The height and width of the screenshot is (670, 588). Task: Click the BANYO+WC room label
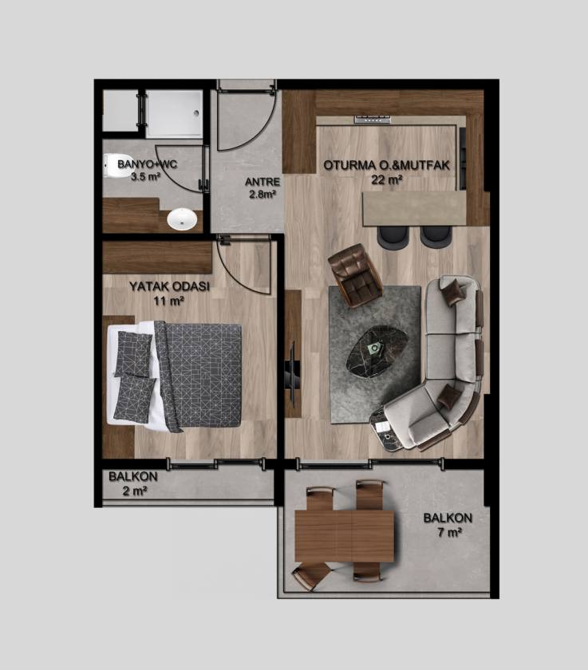point(147,164)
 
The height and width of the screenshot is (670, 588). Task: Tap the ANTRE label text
point(262,182)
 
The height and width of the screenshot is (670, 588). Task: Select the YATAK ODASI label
point(170,286)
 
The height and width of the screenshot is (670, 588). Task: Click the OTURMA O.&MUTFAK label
point(387,165)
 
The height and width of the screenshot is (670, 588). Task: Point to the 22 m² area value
point(387,179)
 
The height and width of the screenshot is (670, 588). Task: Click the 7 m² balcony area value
point(448,533)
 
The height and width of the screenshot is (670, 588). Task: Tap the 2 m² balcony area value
point(135,491)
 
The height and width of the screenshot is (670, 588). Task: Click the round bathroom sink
point(182,219)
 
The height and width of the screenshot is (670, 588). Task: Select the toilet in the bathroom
point(109,165)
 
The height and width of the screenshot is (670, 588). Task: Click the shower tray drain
point(196,113)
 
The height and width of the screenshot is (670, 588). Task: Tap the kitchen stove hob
point(373,119)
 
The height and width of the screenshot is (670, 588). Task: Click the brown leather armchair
point(355,275)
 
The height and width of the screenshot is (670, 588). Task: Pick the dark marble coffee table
point(377,350)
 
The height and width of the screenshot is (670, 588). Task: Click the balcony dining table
point(344,536)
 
